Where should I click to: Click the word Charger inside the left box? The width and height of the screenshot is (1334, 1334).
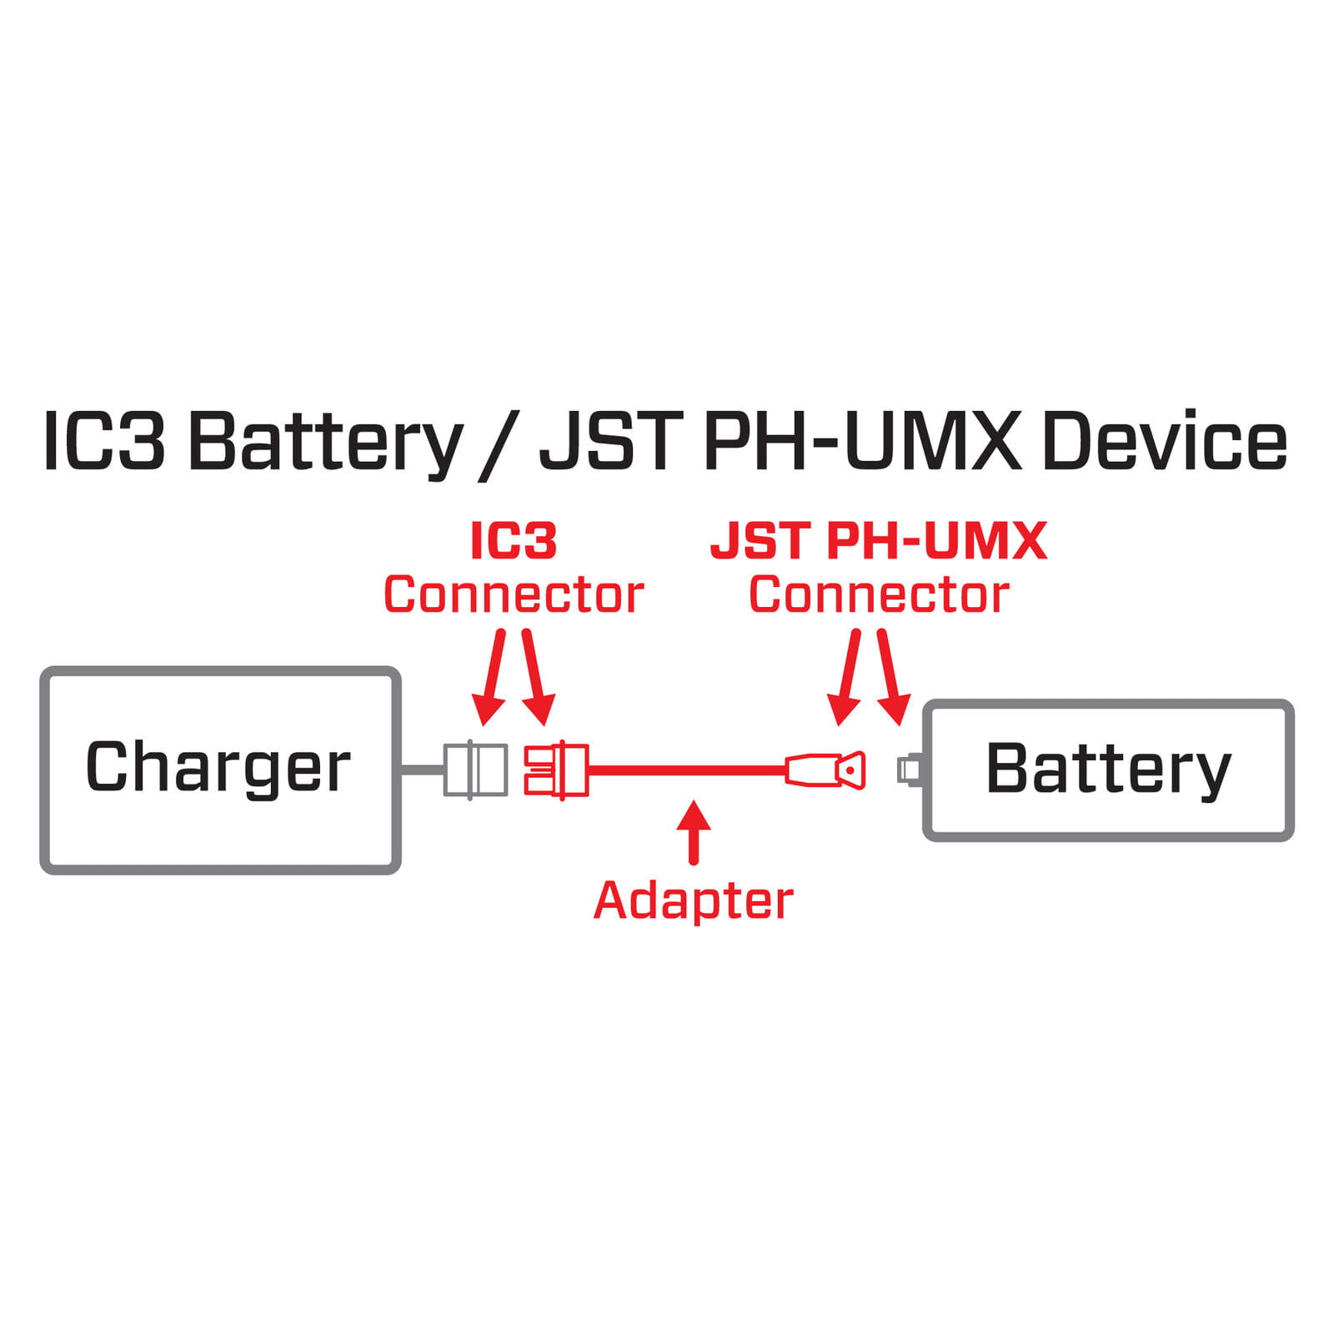[218, 767]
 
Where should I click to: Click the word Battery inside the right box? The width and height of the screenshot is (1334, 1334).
[1108, 769]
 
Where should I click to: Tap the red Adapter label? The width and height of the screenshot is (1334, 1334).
[693, 900]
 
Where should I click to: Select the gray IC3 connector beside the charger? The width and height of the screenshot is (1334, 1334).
[475, 769]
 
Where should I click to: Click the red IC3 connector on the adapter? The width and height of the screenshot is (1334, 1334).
[555, 770]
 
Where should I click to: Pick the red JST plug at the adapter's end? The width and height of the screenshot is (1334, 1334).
[826, 770]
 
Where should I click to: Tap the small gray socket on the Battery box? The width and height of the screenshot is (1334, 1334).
[908, 768]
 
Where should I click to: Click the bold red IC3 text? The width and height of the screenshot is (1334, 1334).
[513, 541]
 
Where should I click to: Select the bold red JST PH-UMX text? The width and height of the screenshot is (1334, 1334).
[878, 541]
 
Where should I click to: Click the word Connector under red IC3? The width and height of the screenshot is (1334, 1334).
[513, 594]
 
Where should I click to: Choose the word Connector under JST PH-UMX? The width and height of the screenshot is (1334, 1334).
[878, 594]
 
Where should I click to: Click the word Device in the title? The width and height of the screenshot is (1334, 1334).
[1164, 442]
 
